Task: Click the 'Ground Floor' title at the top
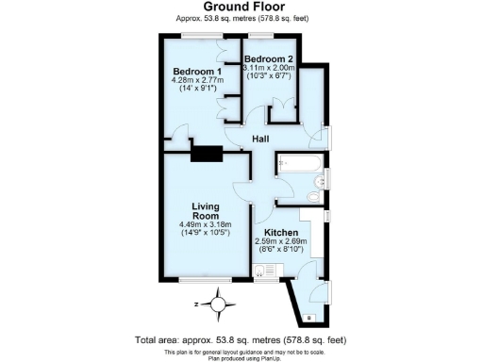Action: point(241,7)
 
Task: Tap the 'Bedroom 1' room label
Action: point(197,72)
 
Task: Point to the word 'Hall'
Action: point(261,140)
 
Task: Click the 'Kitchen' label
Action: point(281,232)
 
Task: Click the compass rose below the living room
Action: point(220,304)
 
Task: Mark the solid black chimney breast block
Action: point(207,152)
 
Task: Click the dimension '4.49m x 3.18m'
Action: point(205,224)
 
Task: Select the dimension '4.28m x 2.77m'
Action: point(197,82)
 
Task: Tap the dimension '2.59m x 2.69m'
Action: point(281,241)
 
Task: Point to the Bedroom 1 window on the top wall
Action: point(196,37)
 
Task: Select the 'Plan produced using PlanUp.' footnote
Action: point(241,356)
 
